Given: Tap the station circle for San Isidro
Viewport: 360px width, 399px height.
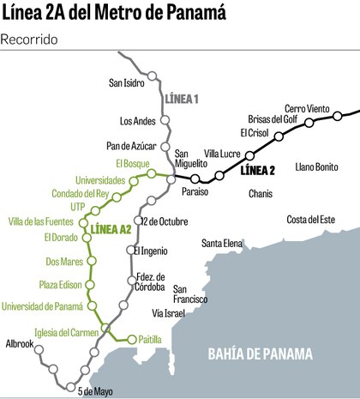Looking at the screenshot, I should pos(152,76).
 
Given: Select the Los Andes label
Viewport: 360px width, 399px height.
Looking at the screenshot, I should pos(139,120).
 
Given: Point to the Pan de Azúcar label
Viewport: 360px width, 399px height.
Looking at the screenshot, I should pos(131,148).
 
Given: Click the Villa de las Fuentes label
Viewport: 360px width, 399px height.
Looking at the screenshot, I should pos(48,222).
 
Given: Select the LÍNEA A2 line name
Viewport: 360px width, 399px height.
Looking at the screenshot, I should pos(111,228).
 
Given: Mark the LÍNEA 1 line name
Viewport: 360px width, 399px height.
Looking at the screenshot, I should pos(181,100).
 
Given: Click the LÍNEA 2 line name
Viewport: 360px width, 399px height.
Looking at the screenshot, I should pos(257,170).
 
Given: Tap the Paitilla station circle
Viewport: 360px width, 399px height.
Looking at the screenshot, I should pos(132,339).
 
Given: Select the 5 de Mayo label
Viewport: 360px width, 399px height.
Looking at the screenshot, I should pos(94,391).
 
